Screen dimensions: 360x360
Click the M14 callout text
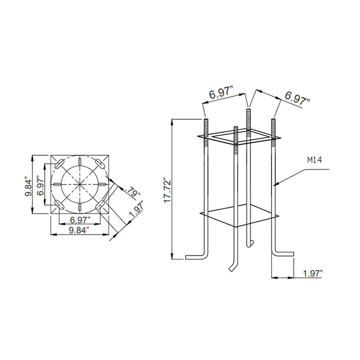coord(314,160)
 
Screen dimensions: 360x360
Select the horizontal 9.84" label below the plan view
coord(82,229)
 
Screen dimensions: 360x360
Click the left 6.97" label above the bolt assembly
coord(222,95)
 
